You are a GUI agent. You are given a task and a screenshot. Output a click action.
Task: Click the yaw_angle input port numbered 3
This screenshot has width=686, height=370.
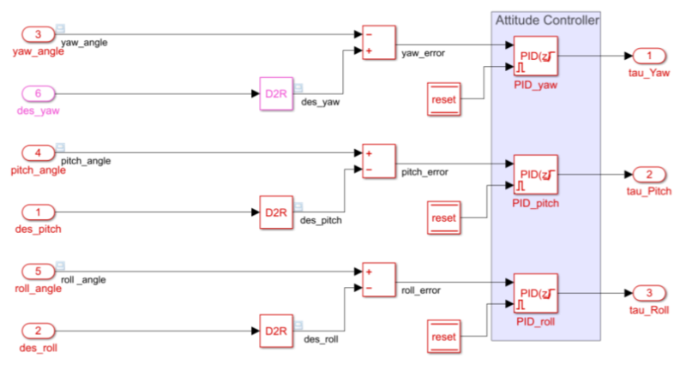[38, 35]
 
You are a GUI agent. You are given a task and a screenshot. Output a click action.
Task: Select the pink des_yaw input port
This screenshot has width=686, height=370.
[38, 93]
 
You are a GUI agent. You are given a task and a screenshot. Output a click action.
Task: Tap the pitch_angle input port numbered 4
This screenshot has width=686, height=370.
[38, 153]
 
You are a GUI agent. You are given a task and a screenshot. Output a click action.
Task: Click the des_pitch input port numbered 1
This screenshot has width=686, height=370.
[38, 212]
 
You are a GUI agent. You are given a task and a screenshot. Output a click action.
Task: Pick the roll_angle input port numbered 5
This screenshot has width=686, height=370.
[38, 272]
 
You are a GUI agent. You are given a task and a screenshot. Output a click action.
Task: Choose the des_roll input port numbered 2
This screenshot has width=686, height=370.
[38, 330]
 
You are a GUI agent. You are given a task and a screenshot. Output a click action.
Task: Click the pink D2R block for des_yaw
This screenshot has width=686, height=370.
[275, 93]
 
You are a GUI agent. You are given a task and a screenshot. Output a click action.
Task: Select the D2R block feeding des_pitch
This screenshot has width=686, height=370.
[275, 212]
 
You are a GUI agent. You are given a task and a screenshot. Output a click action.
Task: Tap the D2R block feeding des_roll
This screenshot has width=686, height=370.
[275, 330]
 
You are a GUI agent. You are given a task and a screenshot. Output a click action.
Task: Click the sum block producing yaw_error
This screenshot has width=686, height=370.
[378, 43]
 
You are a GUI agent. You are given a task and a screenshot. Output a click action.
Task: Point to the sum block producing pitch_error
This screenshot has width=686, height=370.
[378, 161]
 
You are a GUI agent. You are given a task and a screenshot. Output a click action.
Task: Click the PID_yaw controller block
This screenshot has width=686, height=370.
[536, 56]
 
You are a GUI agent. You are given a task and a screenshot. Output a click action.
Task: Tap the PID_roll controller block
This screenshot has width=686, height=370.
[536, 292]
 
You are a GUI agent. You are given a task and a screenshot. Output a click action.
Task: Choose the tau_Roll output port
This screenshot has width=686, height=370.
[649, 292]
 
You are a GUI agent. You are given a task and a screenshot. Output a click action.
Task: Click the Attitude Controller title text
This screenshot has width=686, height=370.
[547, 19]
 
